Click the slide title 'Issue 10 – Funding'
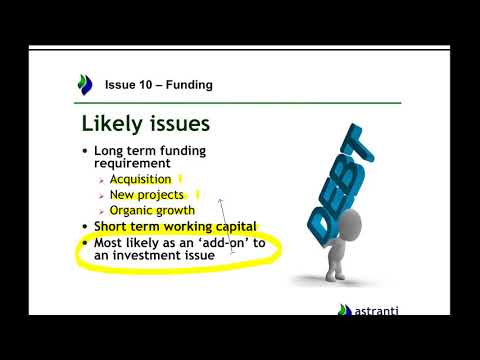pyautogui.click(x=158, y=85)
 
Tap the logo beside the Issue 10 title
pyautogui.click(x=86, y=85)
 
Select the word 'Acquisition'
pyautogui.click(x=140, y=180)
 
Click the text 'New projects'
pyautogui.click(x=148, y=195)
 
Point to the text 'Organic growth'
pyautogui.click(x=152, y=210)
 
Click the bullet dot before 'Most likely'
pyautogui.click(x=85, y=243)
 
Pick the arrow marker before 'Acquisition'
pyautogui.click(x=102, y=181)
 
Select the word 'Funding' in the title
pyautogui.click(x=190, y=85)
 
